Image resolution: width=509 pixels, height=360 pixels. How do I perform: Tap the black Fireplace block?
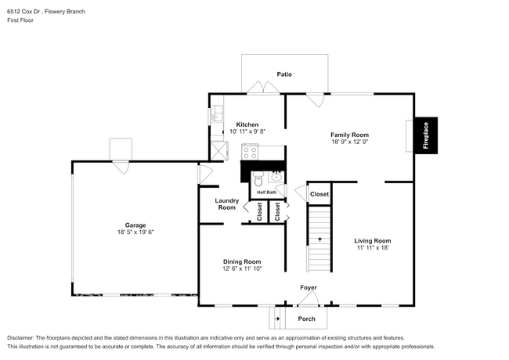426,135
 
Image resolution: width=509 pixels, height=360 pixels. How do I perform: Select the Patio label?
284,74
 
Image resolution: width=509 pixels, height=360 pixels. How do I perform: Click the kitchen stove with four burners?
250,153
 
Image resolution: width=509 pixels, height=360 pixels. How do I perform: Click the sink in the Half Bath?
276,176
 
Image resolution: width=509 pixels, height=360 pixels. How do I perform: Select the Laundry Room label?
226,203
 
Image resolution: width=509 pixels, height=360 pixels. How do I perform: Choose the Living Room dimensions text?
372,247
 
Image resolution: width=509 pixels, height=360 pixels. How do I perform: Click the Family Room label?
349,135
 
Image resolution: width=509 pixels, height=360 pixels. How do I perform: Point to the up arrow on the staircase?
319,239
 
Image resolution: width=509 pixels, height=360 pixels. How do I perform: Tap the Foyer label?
309,287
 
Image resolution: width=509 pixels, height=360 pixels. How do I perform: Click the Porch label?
306,319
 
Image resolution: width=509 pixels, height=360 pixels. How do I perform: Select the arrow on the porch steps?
277,319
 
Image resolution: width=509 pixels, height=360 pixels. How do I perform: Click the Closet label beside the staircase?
319,193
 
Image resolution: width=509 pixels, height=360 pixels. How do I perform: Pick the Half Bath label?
266,192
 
